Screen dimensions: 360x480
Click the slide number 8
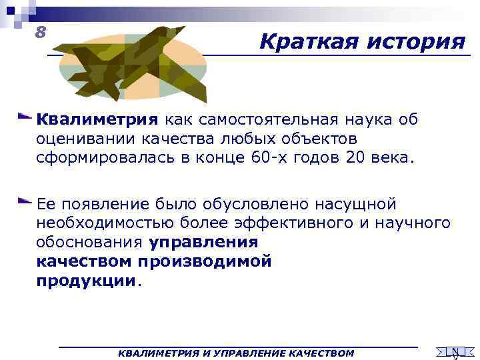click(x=41, y=31)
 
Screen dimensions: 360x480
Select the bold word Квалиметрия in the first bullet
click(x=97, y=120)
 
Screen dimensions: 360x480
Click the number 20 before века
click(x=361, y=160)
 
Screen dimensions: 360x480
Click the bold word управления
click(x=203, y=243)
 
